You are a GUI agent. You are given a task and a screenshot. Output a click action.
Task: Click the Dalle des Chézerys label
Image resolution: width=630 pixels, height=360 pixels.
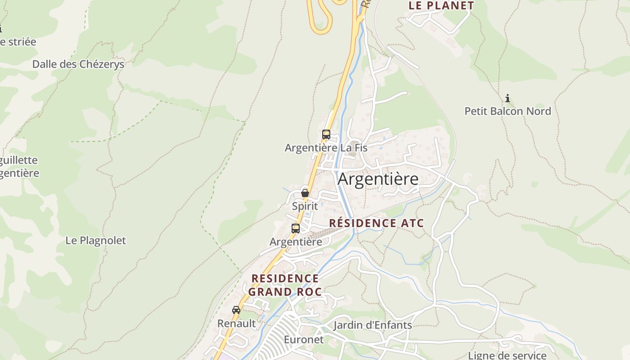[x=78, y=64]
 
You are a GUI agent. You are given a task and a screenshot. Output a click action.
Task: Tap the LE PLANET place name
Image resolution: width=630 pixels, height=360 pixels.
[x=441, y=6]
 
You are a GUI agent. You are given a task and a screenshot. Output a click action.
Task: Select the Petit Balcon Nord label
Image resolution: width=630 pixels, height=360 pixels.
[x=508, y=111]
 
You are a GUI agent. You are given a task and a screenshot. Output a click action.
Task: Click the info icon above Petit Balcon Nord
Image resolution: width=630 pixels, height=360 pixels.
[x=508, y=98]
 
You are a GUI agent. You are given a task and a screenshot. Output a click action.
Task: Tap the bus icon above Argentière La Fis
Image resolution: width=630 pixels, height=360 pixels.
[x=326, y=135]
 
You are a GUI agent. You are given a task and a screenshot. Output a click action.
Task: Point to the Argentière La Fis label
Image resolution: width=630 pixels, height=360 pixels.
[x=326, y=148]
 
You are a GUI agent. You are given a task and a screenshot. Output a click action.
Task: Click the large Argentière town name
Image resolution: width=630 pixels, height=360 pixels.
[x=378, y=179]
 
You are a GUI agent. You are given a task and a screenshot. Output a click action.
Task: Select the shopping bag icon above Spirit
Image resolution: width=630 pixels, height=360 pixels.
[x=305, y=193]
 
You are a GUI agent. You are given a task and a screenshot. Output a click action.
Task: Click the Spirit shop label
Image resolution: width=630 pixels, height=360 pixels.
[x=305, y=206]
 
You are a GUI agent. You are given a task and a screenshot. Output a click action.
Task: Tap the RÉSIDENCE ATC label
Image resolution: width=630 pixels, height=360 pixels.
[x=377, y=223]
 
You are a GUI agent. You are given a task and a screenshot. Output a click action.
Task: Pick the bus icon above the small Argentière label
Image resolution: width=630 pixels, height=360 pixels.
[x=296, y=228]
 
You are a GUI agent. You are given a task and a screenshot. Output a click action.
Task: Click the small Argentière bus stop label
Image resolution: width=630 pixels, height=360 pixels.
[x=296, y=242]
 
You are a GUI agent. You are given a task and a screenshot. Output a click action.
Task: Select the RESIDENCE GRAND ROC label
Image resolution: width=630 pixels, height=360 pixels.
[x=285, y=285]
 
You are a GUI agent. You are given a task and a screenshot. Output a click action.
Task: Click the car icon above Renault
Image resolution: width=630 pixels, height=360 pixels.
[x=236, y=310]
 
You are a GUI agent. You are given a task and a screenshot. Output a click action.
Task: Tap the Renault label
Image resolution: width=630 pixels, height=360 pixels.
[x=236, y=324]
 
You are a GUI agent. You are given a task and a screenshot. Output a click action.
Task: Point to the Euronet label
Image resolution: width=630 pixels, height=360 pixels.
[x=304, y=339]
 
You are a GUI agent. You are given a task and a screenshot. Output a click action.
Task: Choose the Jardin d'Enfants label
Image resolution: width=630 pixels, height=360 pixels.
[x=373, y=325]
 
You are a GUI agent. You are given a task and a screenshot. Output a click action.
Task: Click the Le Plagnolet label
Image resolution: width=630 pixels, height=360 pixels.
[x=96, y=240]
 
